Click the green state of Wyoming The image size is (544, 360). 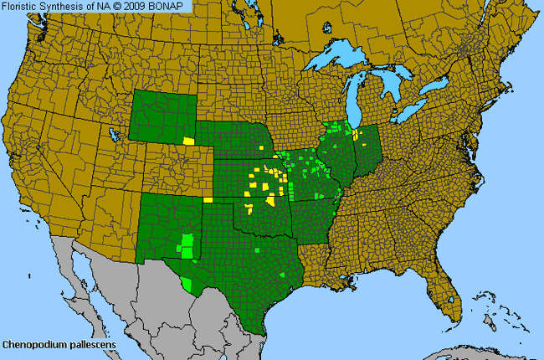pyautogui.click(x=163, y=121)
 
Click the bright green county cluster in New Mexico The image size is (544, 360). pyautogui.click(x=187, y=244)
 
